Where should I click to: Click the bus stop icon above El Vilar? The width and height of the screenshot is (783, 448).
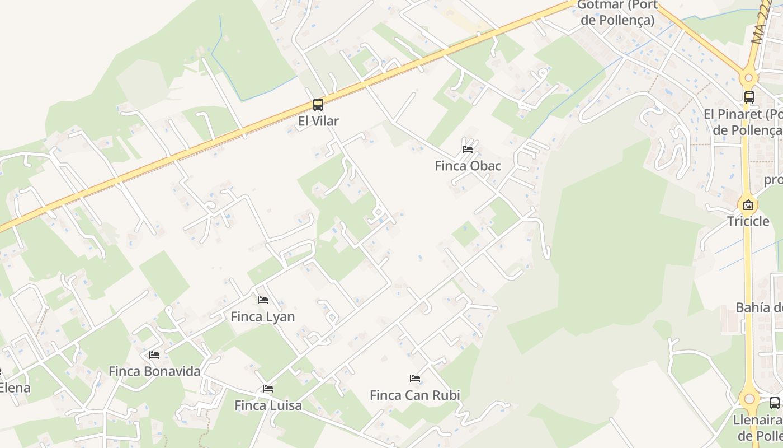pyautogui.click(x=318, y=104)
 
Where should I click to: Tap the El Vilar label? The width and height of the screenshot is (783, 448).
pyautogui.click(x=318, y=121)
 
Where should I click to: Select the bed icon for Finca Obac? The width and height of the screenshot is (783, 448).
pyautogui.click(x=468, y=149)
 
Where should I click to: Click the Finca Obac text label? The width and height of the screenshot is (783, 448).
pyautogui.click(x=468, y=166)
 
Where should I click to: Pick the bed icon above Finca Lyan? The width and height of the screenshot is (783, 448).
pyautogui.click(x=263, y=300)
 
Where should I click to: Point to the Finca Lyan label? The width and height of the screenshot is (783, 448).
pyautogui.click(x=263, y=317)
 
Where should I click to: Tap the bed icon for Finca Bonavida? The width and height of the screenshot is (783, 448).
pyautogui.click(x=154, y=354)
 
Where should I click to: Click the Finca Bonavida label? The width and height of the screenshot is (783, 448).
pyautogui.click(x=154, y=371)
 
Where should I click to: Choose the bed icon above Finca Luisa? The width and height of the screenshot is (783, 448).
pyautogui.click(x=268, y=389)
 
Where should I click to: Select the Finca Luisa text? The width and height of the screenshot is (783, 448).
pyautogui.click(x=268, y=405)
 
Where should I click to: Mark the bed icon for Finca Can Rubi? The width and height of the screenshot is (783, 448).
pyautogui.click(x=415, y=379)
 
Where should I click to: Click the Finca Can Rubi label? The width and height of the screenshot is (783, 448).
pyautogui.click(x=415, y=395)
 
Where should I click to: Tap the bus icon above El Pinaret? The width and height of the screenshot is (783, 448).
pyautogui.click(x=749, y=97)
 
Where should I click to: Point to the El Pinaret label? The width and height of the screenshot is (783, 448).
pyautogui.click(x=744, y=122)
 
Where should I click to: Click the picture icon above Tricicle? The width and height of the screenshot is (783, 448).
pyautogui.click(x=748, y=204)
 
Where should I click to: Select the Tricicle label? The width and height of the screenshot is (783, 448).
pyautogui.click(x=748, y=221)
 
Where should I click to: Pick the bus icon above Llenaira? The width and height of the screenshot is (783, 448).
pyautogui.click(x=775, y=403)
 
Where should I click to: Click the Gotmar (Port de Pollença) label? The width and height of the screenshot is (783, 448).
pyautogui.click(x=616, y=12)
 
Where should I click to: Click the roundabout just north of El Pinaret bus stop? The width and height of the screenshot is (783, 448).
pyautogui.click(x=748, y=77)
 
